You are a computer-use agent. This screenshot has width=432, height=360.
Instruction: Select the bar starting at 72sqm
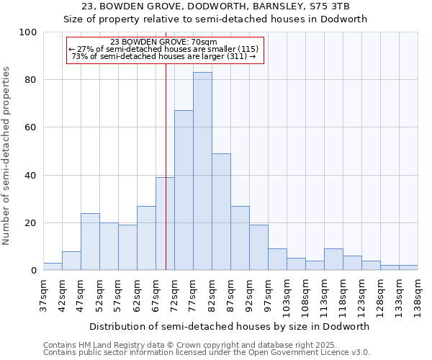184,191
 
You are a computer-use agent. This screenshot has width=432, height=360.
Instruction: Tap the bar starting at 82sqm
221,212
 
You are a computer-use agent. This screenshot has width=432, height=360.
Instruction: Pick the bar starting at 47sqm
90,242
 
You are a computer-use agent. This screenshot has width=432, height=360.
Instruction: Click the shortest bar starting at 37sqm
53,266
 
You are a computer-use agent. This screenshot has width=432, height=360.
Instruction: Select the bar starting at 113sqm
333,259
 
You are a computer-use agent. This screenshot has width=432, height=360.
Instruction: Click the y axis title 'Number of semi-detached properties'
7,156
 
